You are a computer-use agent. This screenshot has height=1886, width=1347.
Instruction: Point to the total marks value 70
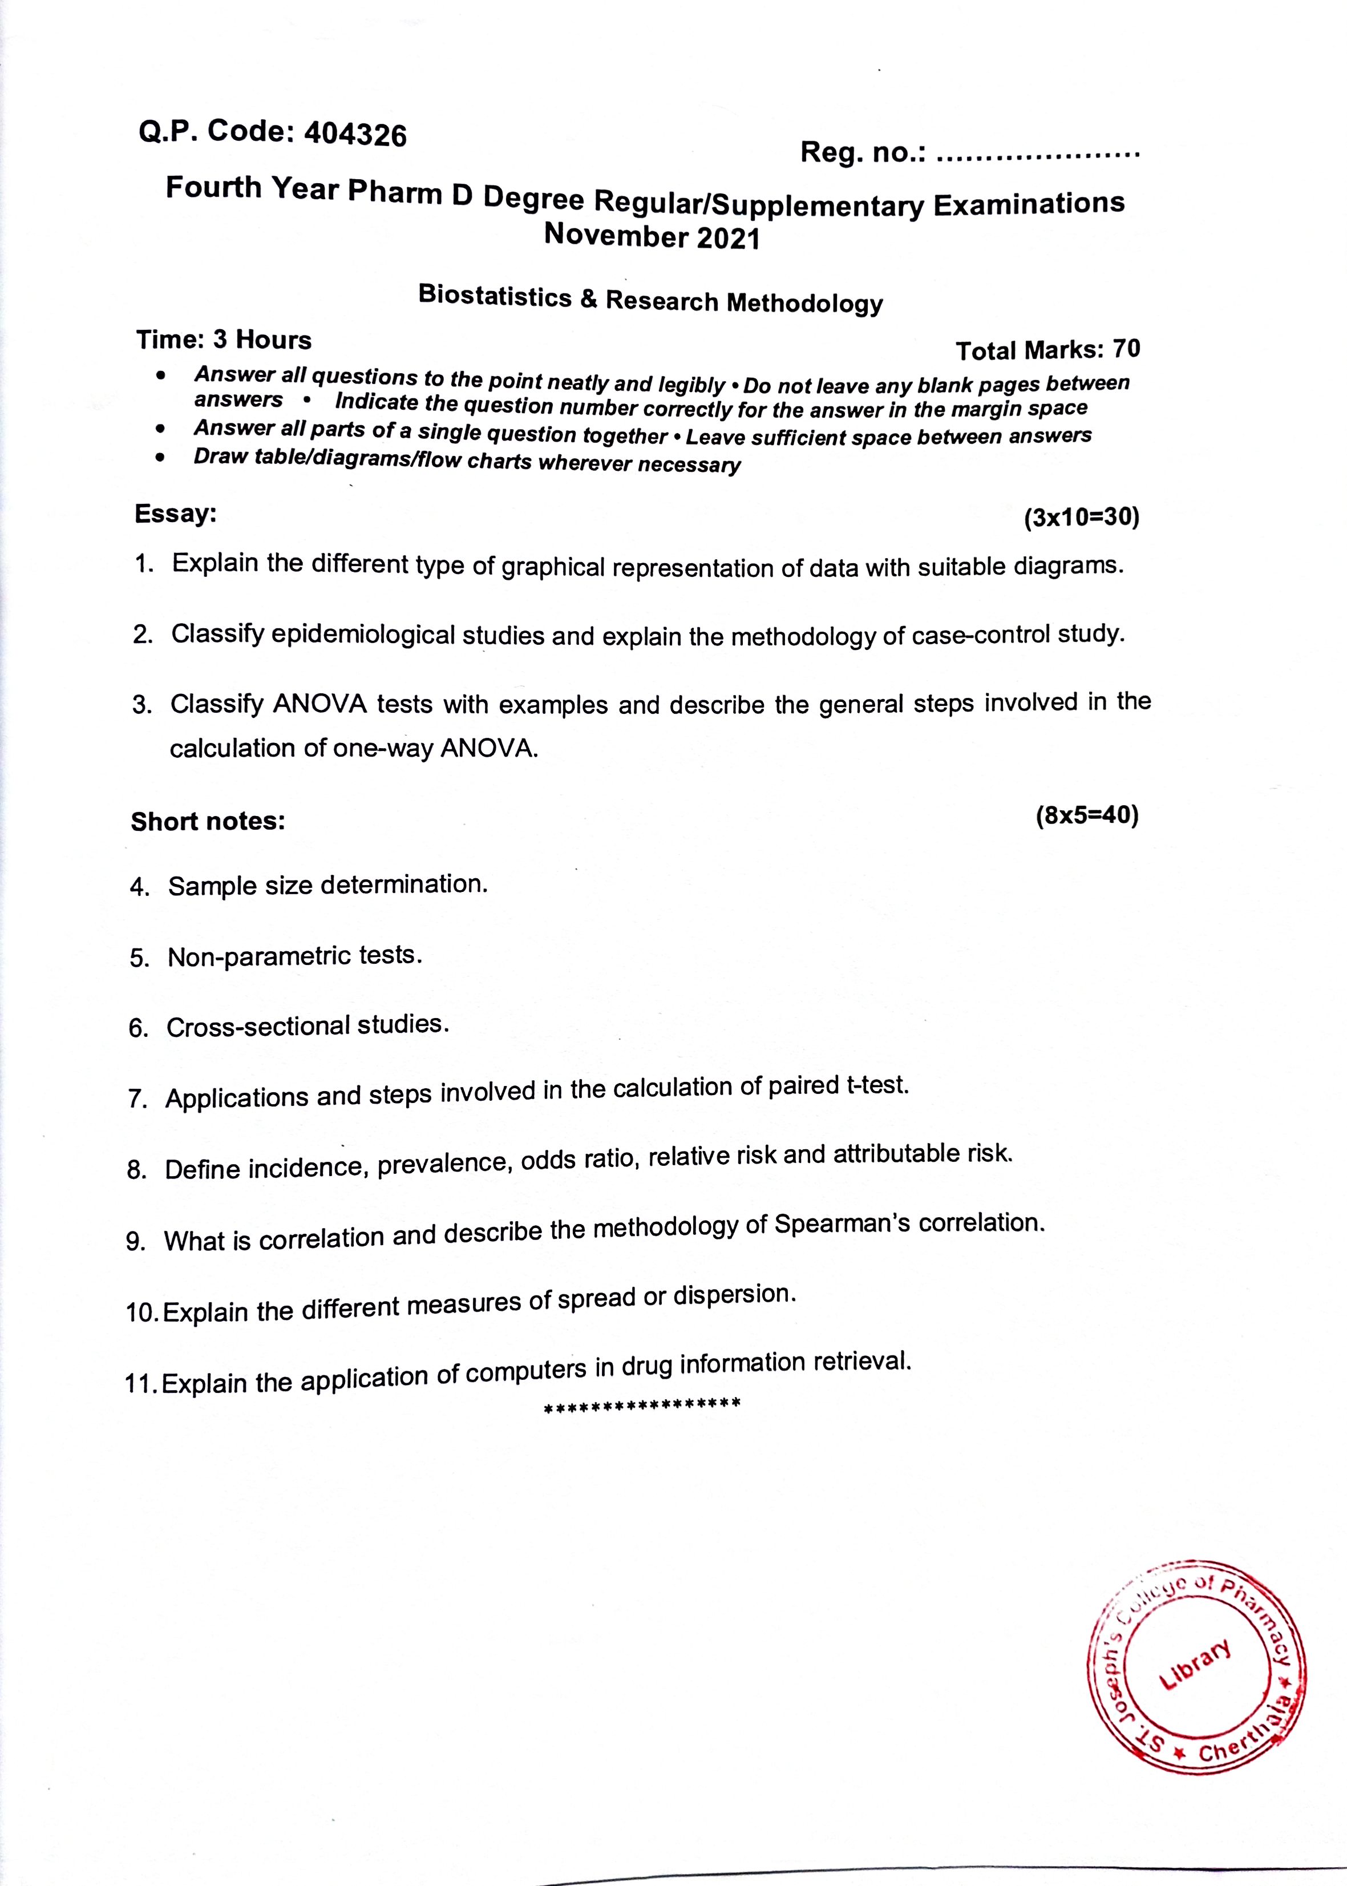1126,349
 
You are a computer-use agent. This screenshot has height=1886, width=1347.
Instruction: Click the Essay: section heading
175,514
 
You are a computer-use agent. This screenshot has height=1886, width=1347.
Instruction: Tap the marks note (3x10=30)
1082,518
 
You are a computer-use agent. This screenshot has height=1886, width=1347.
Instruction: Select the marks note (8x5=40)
1087,816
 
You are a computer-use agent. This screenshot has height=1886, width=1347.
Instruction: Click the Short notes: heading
207,821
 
